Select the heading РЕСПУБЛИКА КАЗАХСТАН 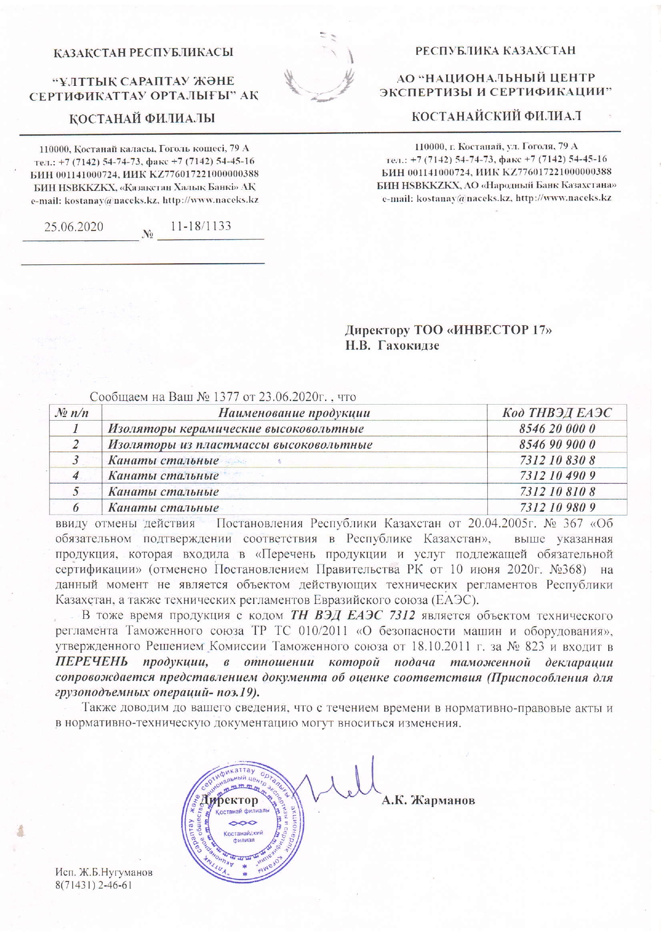click(x=496, y=51)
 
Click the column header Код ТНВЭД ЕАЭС click(x=557, y=413)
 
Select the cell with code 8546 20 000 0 click(x=557, y=429)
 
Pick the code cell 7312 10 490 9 click(x=557, y=475)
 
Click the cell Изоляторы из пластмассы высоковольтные click(x=240, y=444)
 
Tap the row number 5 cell click(x=76, y=491)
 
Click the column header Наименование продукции click(x=294, y=413)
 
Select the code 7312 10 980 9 click(x=557, y=507)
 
